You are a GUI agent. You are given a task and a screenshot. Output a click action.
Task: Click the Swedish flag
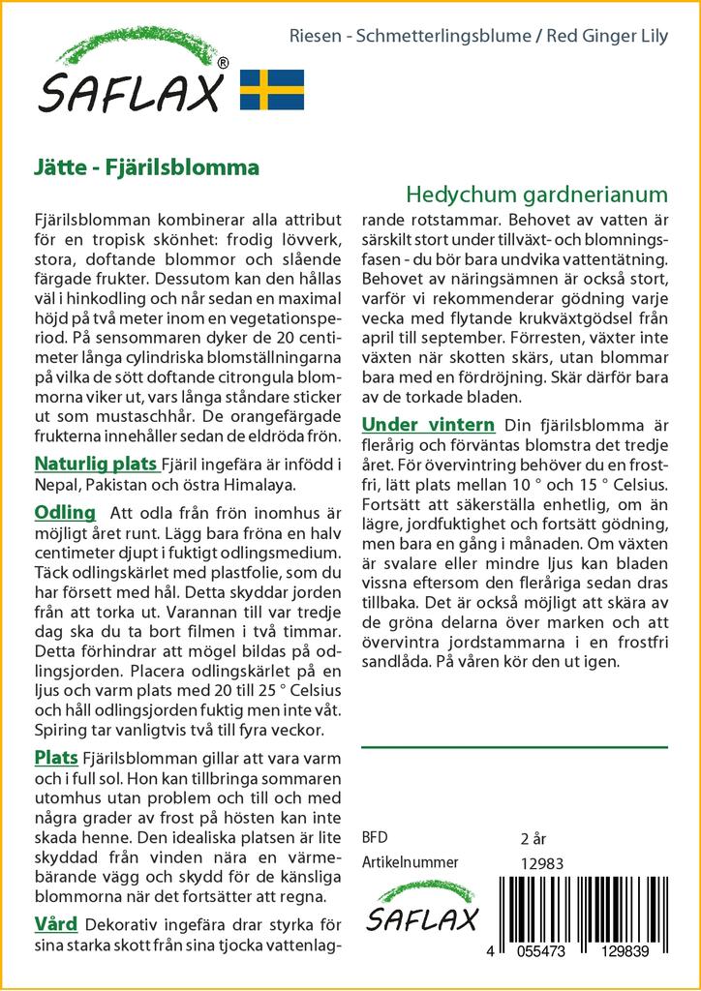[272, 89]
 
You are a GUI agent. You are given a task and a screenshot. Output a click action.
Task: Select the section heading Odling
[65, 512]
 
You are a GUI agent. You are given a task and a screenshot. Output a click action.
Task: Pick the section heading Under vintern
[428, 425]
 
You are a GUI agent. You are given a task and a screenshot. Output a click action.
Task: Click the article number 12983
[541, 863]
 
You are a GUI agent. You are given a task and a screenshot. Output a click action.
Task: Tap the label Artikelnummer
[410, 862]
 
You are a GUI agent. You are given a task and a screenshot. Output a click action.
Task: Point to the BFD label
[374, 837]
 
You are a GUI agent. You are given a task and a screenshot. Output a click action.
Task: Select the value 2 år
[533, 838]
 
